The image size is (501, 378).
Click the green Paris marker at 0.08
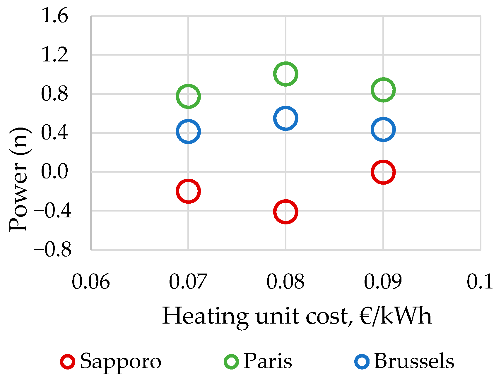tap(285, 74)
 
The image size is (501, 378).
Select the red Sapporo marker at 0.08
tap(285, 212)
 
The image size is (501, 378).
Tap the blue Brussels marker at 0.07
tap(188, 131)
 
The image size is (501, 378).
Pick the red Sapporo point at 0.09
tap(383, 172)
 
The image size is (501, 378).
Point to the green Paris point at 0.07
tap(188, 96)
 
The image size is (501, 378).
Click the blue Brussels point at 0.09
tap(383, 129)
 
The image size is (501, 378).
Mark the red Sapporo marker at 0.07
tap(188, 191)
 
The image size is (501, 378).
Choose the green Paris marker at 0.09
tap(383, 90)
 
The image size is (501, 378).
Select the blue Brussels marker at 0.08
tap(285, 118)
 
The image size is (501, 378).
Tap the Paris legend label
tap(268, 361)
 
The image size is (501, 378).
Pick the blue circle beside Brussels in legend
tap(362, 362)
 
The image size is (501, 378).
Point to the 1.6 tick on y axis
tap(54, 16)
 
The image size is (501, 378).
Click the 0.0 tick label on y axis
tap(54, 172)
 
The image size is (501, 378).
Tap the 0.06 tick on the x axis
tap(91, 282)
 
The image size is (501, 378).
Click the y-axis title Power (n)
tap(19, 179)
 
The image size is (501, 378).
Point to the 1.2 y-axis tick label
tap(54, 55)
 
